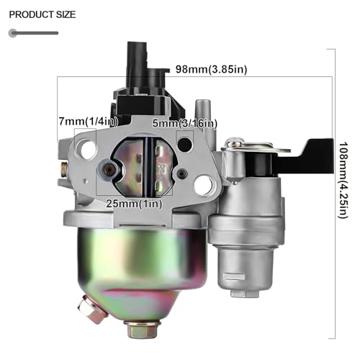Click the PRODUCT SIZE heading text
pyautogui.click(x=42, y=14)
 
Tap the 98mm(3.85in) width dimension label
pyautogui.click(x=212, y=69)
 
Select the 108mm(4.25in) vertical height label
pyautogui.click(x=343, y=180)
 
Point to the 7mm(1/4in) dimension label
pyautogui.click(x=89, y=122)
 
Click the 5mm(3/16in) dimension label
pyautogui.click(x=185, y=123)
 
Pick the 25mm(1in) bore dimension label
pyautogui.click(x=135, y=204)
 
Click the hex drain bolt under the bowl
pyautogui.click(x=142, y=328)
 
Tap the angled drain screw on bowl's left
pyautogui.click(x=92, y=310)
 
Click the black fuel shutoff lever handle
pyautogui.click(x=305, y=157)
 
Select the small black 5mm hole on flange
pyautogui.click(x=185, y=144)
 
